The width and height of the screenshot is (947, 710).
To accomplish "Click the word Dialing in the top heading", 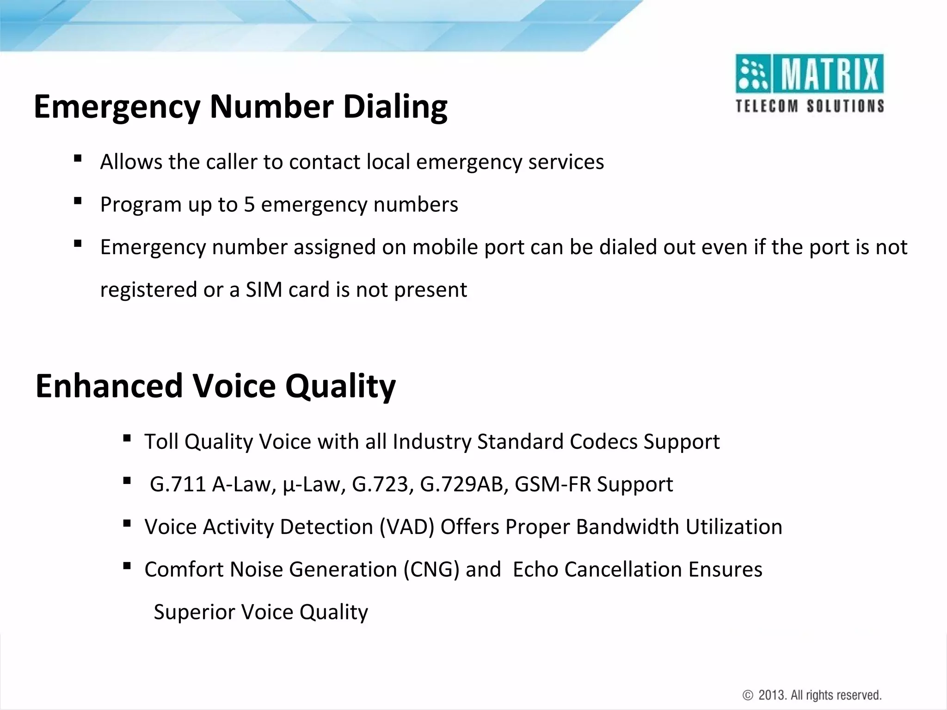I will (x=395, y=107).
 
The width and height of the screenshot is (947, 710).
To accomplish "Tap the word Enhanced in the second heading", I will (x=109, y=386).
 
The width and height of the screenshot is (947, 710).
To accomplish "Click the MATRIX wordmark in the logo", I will (x=829, y=74).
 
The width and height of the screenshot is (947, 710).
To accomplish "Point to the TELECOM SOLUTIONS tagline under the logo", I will (x=810, y=106).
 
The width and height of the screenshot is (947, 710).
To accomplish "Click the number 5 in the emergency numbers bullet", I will (x=249, y=204).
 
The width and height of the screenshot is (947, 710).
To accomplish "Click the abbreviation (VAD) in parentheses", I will (x=406, y=527).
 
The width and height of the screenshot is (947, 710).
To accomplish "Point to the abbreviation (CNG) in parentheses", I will (x=431, y=569).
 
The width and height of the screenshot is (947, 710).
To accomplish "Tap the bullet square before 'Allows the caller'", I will (x=78, y=159).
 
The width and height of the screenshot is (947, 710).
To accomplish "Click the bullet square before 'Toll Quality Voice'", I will (x=127, y=438).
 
